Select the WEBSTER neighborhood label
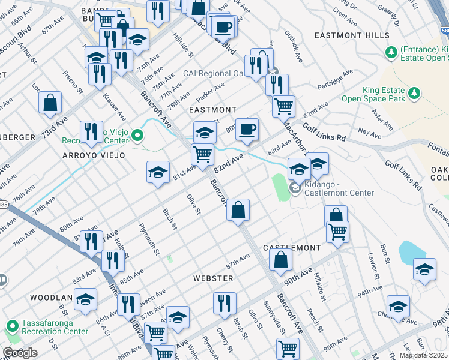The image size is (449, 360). [213, 278]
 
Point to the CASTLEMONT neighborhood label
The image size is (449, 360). [292, 248]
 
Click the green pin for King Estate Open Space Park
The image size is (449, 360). [414, 93]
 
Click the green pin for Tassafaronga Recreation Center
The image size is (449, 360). [11, 327]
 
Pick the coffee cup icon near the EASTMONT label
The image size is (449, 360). [246, 129]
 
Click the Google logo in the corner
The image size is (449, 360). [19, 353]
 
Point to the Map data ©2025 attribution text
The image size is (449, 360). [424, 355]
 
